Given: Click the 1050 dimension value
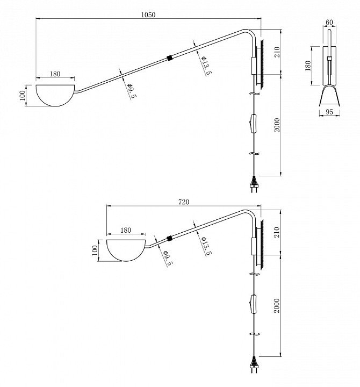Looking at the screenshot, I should coord(148,15).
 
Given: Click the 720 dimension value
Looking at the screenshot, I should coord(183,202).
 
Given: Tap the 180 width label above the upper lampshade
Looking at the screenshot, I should coord(55,74).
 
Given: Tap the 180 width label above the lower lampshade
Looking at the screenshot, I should coord(126,230).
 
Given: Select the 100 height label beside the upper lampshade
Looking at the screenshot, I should coord(22,95).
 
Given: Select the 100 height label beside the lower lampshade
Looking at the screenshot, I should coord(95,250).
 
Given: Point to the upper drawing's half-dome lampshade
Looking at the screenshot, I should coord(56,94).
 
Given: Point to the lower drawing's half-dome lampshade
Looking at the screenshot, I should coord(126,250).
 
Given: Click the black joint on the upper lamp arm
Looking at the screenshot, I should coord(170,56).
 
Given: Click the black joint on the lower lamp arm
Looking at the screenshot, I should coord(170,238).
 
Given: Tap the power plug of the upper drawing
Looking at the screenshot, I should coord(254,185).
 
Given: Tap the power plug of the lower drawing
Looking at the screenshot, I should coord(254,367).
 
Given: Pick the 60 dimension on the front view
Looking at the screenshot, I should coord(329,23).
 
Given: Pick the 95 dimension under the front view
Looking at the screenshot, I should coord(329,112).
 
